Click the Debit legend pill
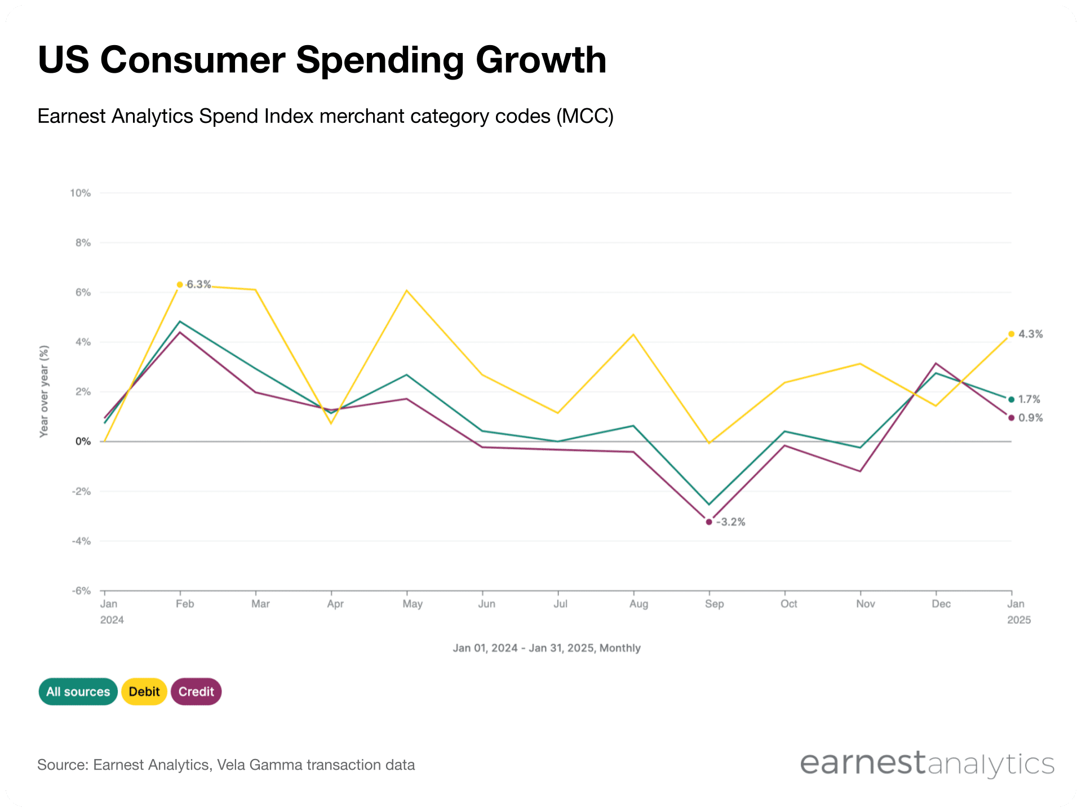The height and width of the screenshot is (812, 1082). [144, 691]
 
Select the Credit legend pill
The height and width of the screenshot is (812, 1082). [196, 691]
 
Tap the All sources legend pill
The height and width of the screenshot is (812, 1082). [78, 691]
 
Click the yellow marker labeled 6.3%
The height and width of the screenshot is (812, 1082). [180, 285]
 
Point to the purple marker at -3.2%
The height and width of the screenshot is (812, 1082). [709, 522]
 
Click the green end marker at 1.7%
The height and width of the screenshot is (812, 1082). [1012, 399]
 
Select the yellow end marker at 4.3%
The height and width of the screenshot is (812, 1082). [1012, 334]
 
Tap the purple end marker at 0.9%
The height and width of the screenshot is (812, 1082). [1012, 418]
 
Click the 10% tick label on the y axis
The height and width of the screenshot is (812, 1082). [80, 193]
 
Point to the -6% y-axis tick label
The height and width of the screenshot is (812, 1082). [81, 590]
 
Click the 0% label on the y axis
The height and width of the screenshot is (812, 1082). [83, 442]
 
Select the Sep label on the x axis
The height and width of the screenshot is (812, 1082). [714, 604]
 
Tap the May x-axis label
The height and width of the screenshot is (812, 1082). [412, 604]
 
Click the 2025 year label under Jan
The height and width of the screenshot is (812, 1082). [1019, 620]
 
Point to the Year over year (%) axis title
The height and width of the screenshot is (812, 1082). [44, 391]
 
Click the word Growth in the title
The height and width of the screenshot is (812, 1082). [540, 60]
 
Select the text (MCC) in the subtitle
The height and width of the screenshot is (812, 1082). [584, 116]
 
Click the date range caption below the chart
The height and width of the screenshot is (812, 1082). [547, 648]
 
